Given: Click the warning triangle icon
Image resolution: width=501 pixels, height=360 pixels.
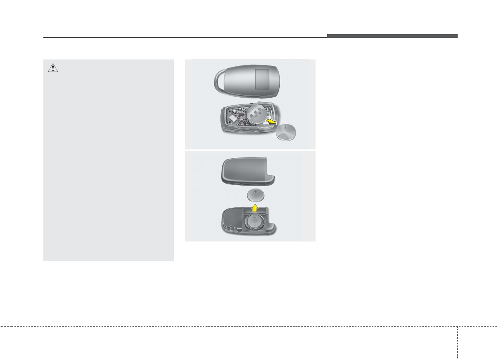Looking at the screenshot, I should (53, 68).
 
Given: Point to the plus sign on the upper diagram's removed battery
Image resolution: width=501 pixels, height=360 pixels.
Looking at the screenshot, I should (285, 127).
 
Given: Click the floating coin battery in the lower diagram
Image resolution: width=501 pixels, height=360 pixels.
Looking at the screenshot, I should (256, 195).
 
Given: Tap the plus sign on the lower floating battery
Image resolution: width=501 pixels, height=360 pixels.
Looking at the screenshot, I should (256, 192).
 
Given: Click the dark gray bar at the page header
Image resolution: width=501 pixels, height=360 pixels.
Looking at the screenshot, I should (392, 36).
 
